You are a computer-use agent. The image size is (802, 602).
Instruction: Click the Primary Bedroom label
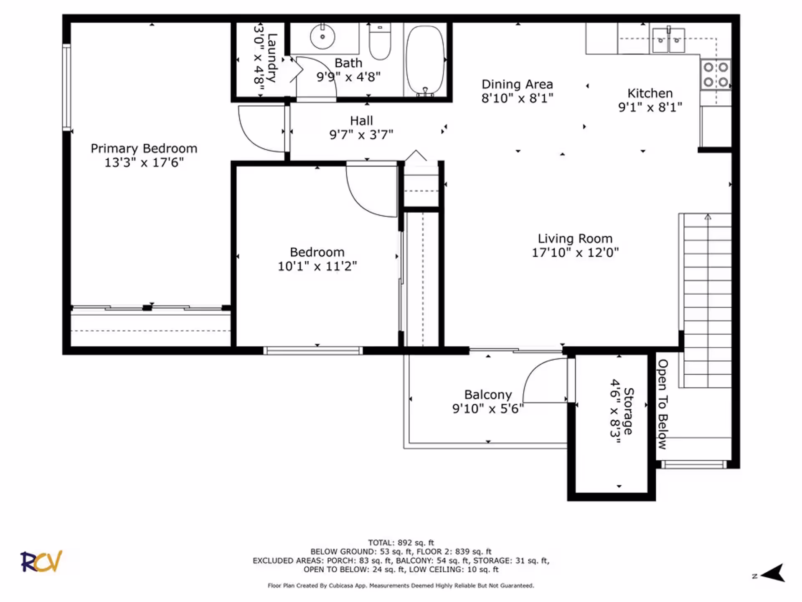(x=144, y=148)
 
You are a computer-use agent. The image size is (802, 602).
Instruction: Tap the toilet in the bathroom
(x=380, y=41)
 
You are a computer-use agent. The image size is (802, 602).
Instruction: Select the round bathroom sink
(x=322, y=36)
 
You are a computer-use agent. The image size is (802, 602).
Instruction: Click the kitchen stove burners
(x=716, y=74)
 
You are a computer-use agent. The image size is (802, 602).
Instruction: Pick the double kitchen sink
(x=668, y=40)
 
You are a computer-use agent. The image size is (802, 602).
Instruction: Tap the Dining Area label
(x=517, y=84)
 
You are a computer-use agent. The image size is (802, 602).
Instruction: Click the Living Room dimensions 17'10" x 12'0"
(x=575, y=253)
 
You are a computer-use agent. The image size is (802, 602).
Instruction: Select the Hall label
(x=361, y=121)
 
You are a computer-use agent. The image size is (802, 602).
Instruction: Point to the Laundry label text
(x=272, y=58)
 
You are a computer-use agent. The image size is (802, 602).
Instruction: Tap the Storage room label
(x=628, y=411)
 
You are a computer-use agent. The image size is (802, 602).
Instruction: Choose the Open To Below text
(x=662, y=404)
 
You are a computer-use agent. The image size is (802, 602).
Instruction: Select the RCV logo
(x=41, y=561)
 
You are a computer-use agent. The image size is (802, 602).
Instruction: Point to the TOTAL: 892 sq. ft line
(x=401, y=543)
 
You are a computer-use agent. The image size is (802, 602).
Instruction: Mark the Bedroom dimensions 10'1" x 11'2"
(x=317, y=266)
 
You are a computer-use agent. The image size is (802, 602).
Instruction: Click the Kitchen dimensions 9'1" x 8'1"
(x=650, y=107)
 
